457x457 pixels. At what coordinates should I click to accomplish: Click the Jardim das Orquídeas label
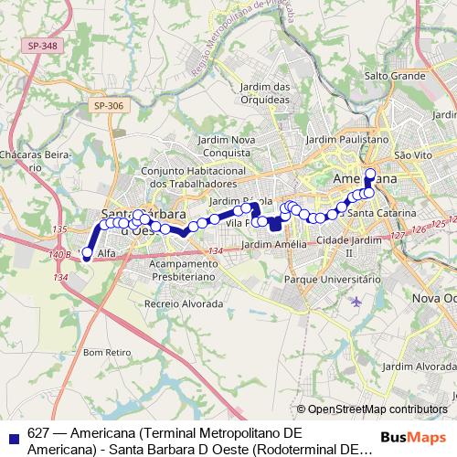(266, 92)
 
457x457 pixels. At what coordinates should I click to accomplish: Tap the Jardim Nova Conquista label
(224, 145)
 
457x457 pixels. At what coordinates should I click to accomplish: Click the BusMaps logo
(417, 437)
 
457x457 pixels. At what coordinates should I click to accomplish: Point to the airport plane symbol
(356, 302)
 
